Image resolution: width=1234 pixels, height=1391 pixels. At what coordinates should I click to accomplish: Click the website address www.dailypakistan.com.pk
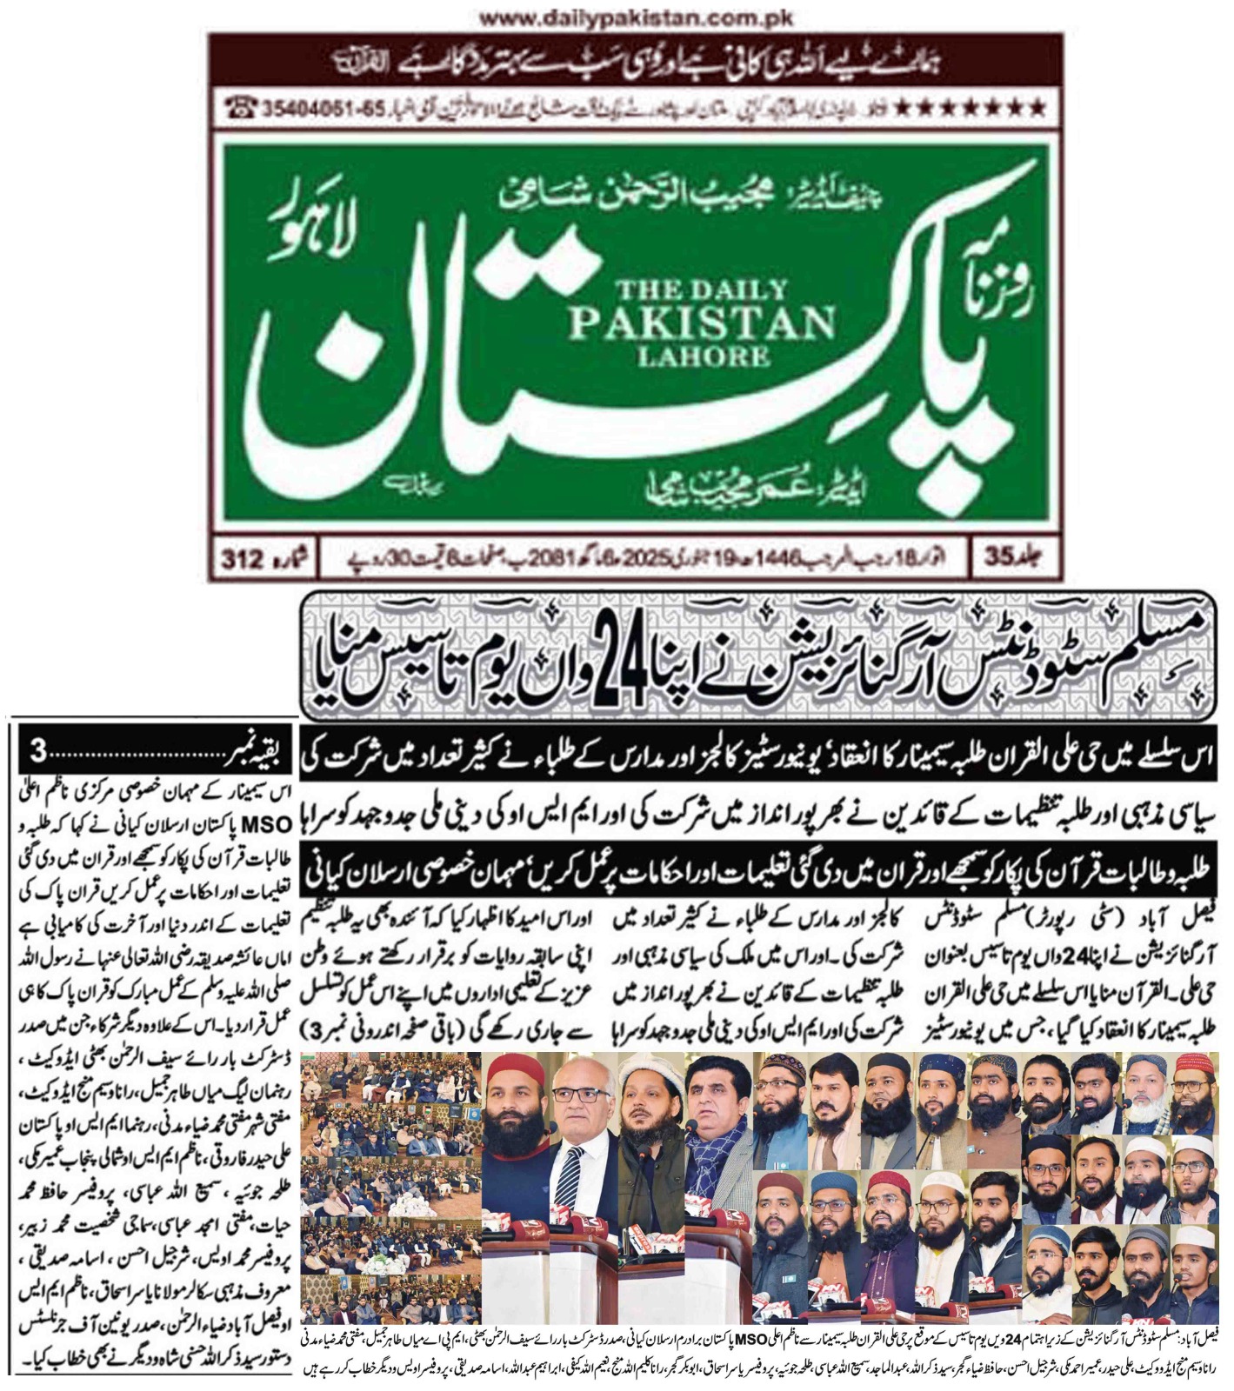point(633,17)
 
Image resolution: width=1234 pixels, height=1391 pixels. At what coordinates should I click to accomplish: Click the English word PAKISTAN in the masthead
point(701,323)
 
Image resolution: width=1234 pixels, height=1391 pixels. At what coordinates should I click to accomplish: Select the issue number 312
point(243,560)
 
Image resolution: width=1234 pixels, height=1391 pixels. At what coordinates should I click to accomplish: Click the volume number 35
point(1000,559)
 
